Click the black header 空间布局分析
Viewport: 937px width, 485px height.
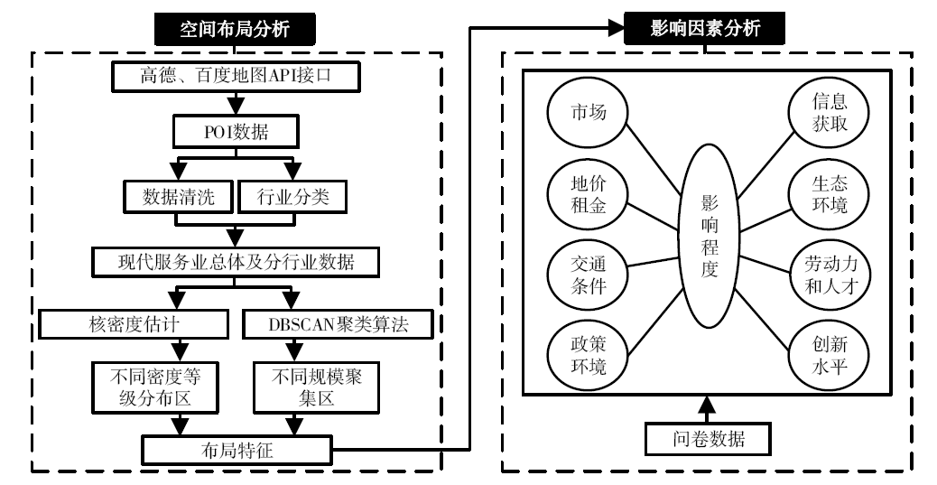(235, 29)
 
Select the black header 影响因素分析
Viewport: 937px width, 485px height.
(704, 27)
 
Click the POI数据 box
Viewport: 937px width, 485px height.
(236, 132)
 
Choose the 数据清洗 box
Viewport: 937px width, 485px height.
(178, 197)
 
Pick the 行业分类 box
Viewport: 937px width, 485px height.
(292, 197)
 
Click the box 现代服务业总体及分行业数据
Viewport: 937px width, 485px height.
(236, 261)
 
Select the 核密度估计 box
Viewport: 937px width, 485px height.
(134, 324)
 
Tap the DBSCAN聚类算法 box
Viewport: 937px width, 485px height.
(339, 324)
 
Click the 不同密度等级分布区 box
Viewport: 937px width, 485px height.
(154, 387)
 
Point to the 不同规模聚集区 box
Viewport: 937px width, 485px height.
(316, 387)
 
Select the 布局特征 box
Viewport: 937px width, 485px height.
(237, 451)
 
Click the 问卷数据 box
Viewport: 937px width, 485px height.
(708, 440)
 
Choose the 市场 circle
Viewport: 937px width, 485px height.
(588, 112)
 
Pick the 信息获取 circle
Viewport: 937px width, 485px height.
(830, 112)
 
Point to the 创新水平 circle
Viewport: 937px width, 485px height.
(830, 355)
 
